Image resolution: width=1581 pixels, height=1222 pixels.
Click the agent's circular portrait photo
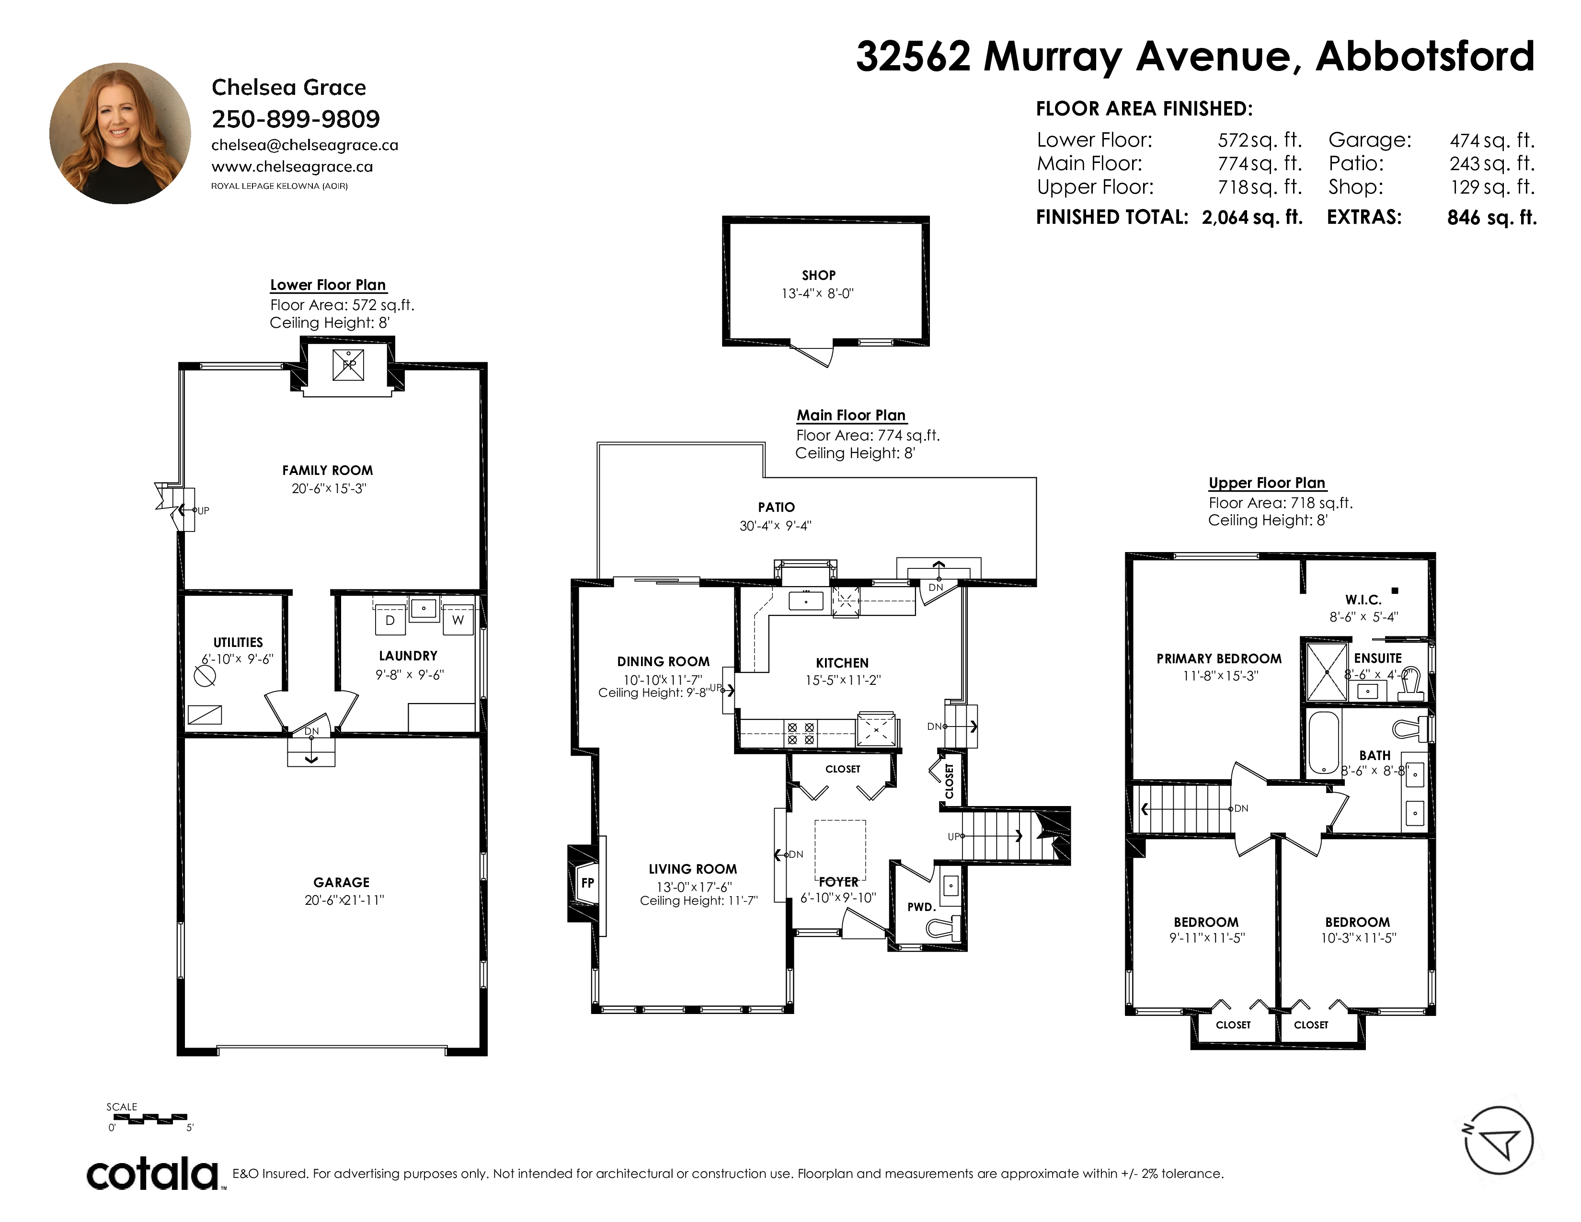pyautogui.click(x=120, y=133)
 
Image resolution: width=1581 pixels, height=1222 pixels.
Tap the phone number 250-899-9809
pyautogui.click(x=295, y=119)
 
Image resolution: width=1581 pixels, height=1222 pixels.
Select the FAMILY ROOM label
pyautogui.click(x=327, y=471)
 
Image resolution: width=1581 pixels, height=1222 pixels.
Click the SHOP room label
pyautogui.click(x=819, y=275)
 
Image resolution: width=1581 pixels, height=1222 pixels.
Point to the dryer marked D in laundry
pyautogui.click(x=390, y=621)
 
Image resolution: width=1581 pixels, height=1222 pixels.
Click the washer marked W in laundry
pyautogui.click(x=458, y=621)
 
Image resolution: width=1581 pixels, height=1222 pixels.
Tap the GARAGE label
pyautogui.click(x=341, y=882)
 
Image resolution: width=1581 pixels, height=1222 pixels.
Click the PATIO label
pyautogui.click(x=776, y=507)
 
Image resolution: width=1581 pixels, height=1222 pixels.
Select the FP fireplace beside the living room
pyautogui.click(x=585, y=883)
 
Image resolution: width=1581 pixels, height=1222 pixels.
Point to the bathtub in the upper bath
pyautogui.click(x=1325, y=743)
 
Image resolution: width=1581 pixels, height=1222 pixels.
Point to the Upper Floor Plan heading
pyautogui.click(x=1267, y=483)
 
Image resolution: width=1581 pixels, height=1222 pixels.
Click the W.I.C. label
pyautogui.click(x=1363, y=600)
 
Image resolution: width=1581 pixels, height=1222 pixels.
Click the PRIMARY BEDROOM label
pyautogui.click(x=1219, y=659)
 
